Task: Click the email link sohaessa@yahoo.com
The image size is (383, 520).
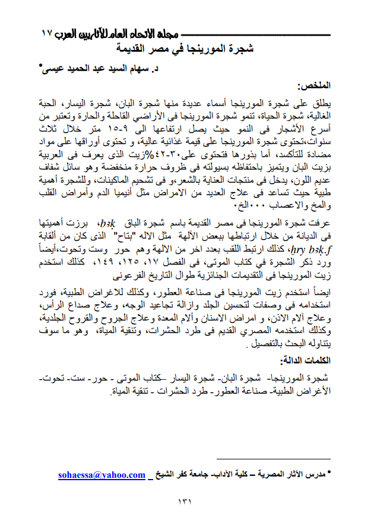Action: point(102,475)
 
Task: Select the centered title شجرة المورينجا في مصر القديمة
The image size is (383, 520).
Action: point(185,48)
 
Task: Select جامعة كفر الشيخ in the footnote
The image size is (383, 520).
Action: point(181,475)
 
